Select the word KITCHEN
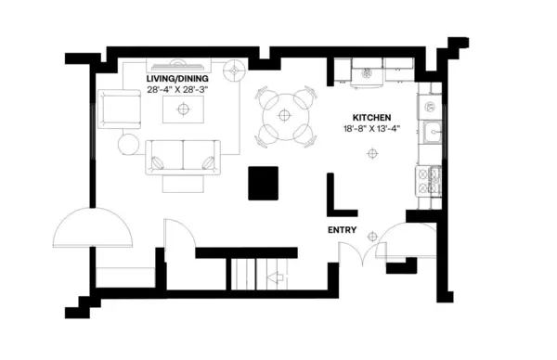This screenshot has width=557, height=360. pos(370,118)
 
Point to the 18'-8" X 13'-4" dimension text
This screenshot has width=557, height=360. pos(370,129)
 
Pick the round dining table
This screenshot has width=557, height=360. pos(284,118)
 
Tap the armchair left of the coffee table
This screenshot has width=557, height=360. pos(117,110)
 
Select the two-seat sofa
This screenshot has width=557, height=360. pos(184,156)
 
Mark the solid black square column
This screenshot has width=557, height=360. pos(263,183)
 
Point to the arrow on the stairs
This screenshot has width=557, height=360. pos(276,276)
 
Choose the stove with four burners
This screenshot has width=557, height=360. pos(431,180)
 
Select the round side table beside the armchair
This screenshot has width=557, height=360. pos(128,145)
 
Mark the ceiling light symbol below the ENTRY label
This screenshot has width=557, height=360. pos(373,236)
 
